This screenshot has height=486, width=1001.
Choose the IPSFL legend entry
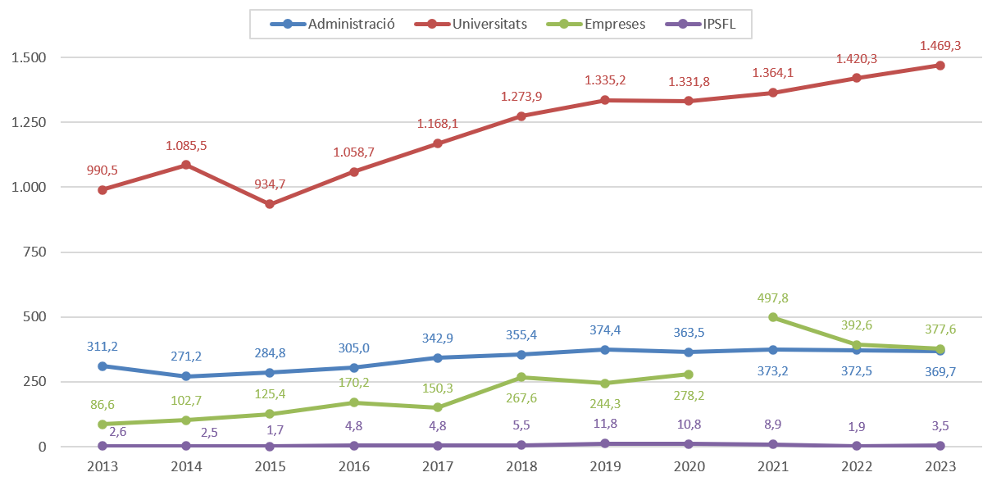(717, 24)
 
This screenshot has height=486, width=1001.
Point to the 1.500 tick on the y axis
(29, 58)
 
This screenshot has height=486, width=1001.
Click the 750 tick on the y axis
(35, 252)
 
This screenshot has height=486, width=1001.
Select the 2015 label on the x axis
(270, 466)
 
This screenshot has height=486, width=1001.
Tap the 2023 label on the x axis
(940, 466)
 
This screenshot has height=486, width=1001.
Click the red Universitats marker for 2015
(270, 204)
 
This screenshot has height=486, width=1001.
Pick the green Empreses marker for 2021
(772, 317)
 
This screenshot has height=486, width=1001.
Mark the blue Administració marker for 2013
(102, 366)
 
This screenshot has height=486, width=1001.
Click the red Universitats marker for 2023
(940, 66)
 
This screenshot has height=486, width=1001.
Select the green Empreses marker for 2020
(689, 375)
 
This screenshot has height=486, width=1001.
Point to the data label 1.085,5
(186, 146)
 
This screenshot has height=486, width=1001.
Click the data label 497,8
(772, 298)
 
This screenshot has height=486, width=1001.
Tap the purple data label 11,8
(605, 423)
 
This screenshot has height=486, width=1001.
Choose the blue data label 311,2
(102, 347)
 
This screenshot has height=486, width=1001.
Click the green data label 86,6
(102, 405)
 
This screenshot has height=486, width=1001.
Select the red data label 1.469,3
(940, 47)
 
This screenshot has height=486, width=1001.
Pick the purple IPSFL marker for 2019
(605, 443)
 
